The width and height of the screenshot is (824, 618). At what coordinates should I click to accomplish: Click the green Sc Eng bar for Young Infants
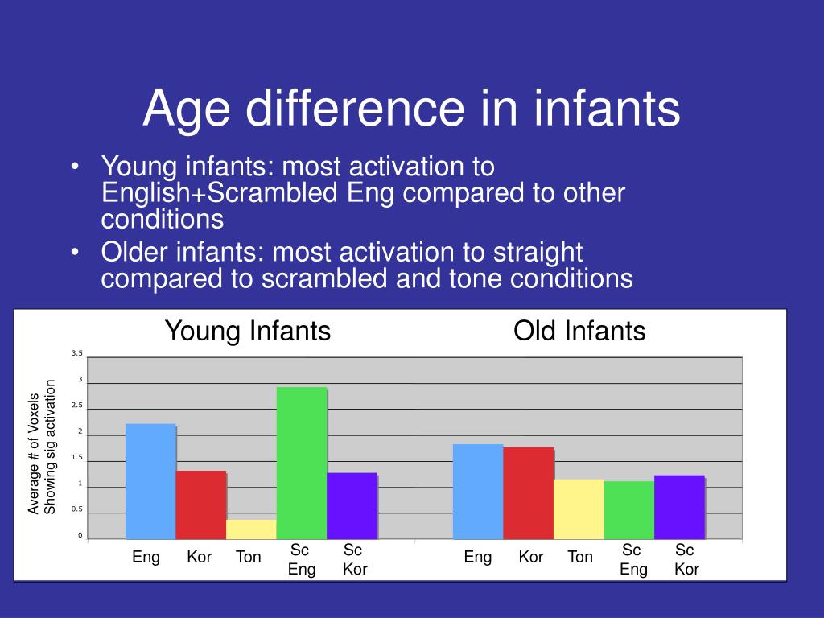pyautogui.click(x=302, y=463)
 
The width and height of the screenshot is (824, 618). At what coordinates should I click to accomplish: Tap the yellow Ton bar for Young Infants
pyautogui.click(x=251, y=529)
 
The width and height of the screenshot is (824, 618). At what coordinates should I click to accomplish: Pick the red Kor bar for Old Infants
pyautogui.click(x=528, y=492)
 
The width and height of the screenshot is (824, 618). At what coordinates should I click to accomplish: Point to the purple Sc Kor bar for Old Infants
pyautogui.click(x=679, y=507)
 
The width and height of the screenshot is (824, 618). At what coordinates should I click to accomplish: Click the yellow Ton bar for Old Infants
pyautogui.click(x=579, y=509)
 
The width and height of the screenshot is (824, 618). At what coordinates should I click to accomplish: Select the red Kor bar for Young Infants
pyautogui.click(x=201, y=505)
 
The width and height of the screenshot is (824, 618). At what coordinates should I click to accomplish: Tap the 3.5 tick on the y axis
pyautogui.click(x=77, y=353)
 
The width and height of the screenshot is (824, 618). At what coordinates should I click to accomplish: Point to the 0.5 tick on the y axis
pyautogui.click(x=77, y=509)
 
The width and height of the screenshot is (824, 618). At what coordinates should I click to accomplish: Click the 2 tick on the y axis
pyautogui.click(x=80, y=431)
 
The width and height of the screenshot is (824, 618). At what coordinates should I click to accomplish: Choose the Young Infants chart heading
pyautogui.click(x=248, y=331)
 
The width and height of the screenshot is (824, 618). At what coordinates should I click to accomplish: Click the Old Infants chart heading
pyautogui.click(x=579, y=331)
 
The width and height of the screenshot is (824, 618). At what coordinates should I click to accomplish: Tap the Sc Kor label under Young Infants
pyautogui.click(x=354, y=560)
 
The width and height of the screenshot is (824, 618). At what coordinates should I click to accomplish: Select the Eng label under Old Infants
pyautogui.click(x=478, y=557)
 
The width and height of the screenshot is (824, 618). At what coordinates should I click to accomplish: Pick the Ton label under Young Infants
pyautogui.click(x=249, y=557)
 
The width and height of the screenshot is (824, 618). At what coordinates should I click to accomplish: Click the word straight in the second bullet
pyautogui.click(x=537, y=252)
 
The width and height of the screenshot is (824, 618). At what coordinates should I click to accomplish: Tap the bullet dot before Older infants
pyautogui.click(x=75, y=253)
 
